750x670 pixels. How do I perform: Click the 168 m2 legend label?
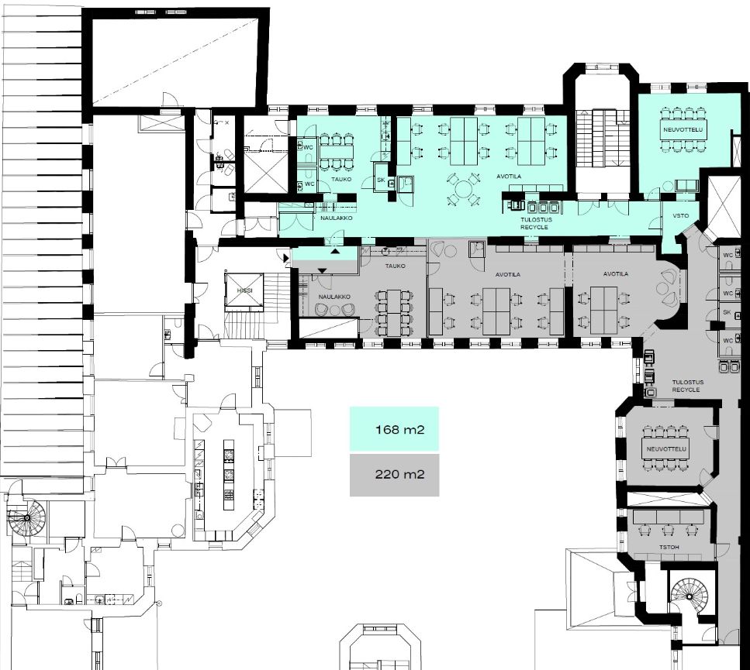pyautogui.click(x=400, y=429)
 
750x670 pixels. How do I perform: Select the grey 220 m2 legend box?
pyautogui.click(x=394, y=475)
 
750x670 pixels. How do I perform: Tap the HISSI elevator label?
pyautogui.click(x=245, y=290)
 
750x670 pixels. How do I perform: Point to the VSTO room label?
pyautogui.click(x=681, y=215)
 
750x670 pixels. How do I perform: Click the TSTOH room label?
pyautogui.click(x=669, y=547)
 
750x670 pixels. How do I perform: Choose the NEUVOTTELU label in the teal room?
pyautogui.click(x=683, y=129)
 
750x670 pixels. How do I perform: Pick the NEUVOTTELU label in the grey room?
pyautogui.click(x=666, y=449)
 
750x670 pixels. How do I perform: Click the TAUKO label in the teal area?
pyautogui.click(x=341, y=179)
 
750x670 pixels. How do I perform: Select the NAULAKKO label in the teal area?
pyautogui.click(x=337, y=218)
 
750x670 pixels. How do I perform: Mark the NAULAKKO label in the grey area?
pyautogui.click(x=334, y=297)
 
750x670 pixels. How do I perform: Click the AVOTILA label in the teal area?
pyautogui.click(x=509, y=177)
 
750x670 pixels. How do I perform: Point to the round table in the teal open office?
pyautogui.click(x=463, y=189)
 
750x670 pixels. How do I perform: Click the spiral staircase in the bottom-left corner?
pyautogui.click(x=27, y=517)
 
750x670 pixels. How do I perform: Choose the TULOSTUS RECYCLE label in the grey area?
pyautogui.click(x=687, y=386)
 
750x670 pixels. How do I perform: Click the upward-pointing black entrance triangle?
pyautogui.click(x=336, y=250)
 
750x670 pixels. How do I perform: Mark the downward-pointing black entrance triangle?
pyautogui.click(x=323, y=271)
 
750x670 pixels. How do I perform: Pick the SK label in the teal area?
pyautogui.click(x=381, y=180)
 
